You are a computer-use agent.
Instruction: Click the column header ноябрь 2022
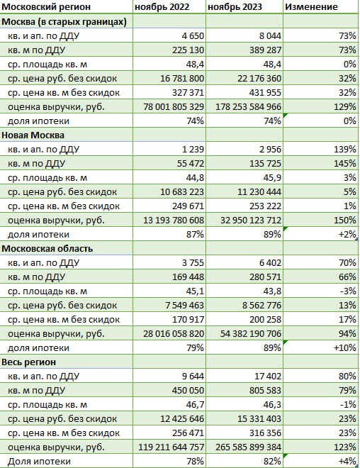coord(162,7)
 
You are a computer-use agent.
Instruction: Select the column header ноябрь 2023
coord(235,7)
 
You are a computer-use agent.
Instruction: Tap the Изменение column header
coord(311,7)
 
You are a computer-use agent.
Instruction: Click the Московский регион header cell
coord(46,7)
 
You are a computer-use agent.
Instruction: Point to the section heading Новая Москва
coord(33,135)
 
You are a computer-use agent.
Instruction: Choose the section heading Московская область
coord(47,249)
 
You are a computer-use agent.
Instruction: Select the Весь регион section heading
coord(29,362)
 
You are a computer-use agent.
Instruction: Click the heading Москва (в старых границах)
coord(64,21)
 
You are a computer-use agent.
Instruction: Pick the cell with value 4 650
coord(193,36)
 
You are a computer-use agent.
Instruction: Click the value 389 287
coord(266,50)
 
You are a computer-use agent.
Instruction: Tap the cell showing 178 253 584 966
coord(249,106)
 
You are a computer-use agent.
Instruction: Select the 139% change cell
coord(345,149)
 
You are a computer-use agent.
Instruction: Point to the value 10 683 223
coord(182,192)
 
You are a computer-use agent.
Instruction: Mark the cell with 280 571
coord(266,277)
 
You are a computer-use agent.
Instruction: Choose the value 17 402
coord(268,376)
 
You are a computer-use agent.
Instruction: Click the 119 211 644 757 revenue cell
coord(171,447)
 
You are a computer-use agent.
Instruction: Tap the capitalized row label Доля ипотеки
coord(39,462)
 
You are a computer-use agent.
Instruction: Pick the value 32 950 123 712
coord(251,221)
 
